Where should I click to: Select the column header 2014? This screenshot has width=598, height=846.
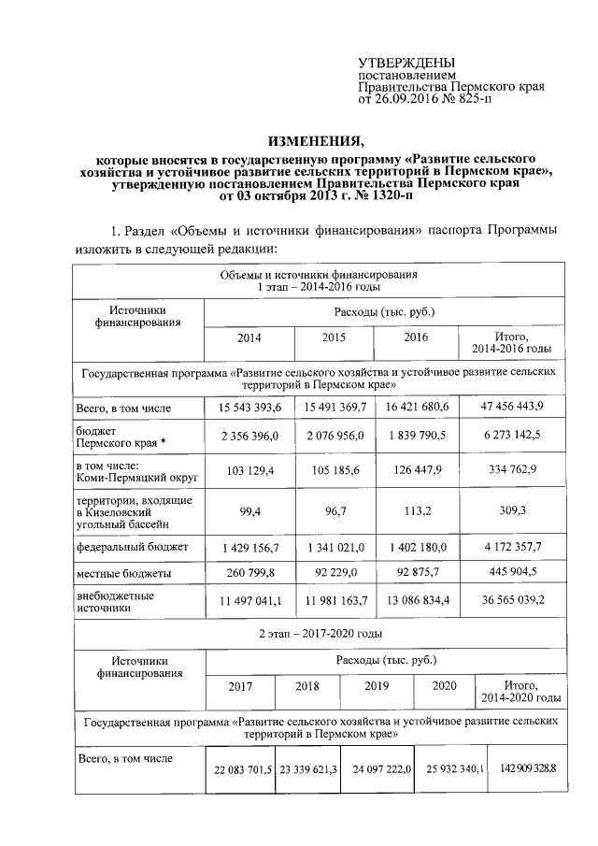(249, 337)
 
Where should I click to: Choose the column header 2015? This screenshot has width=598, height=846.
(335, 337)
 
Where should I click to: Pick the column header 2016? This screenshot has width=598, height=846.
(416, 337)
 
